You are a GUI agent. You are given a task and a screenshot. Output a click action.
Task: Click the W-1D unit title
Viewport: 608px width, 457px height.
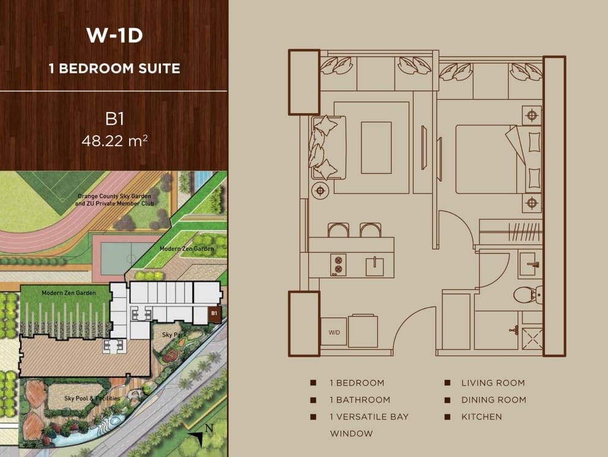click(114, 35)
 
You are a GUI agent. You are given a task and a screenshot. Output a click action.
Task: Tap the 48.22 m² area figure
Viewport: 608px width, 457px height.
click(114, 141)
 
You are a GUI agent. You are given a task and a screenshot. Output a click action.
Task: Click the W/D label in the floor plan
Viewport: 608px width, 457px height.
click(334, 332)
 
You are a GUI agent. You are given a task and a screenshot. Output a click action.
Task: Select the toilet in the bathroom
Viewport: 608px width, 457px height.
click(528, 294)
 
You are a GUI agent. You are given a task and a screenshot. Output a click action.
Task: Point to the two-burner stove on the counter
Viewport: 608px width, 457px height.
click(338, 264)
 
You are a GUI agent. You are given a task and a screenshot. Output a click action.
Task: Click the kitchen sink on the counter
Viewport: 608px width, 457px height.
click(374, 266)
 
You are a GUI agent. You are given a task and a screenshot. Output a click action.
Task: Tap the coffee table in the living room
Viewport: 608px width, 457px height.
click(376, 147)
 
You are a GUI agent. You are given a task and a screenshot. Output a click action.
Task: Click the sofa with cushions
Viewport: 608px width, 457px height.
click(328, 147)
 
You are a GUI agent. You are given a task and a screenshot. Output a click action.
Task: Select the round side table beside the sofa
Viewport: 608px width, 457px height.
click(321, 190)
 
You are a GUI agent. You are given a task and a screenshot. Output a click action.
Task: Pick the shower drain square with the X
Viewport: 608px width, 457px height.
click(532, 339)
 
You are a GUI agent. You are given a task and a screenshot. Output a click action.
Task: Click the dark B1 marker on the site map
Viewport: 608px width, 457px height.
click(215, 314)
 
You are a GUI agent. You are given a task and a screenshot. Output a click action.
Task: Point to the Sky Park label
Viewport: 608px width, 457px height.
click(174, 335)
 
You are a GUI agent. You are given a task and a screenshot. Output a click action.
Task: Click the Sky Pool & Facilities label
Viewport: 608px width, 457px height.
click(92, 398)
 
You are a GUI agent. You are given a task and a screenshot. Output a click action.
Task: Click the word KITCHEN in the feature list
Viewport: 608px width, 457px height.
click(481, 417)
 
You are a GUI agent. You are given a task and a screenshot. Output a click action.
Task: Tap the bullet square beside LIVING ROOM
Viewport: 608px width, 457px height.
click(448, 383)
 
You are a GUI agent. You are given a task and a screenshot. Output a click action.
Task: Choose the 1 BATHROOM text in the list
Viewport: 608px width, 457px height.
click(360, 400)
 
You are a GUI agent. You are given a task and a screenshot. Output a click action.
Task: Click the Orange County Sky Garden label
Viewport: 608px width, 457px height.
click(114, 196)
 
